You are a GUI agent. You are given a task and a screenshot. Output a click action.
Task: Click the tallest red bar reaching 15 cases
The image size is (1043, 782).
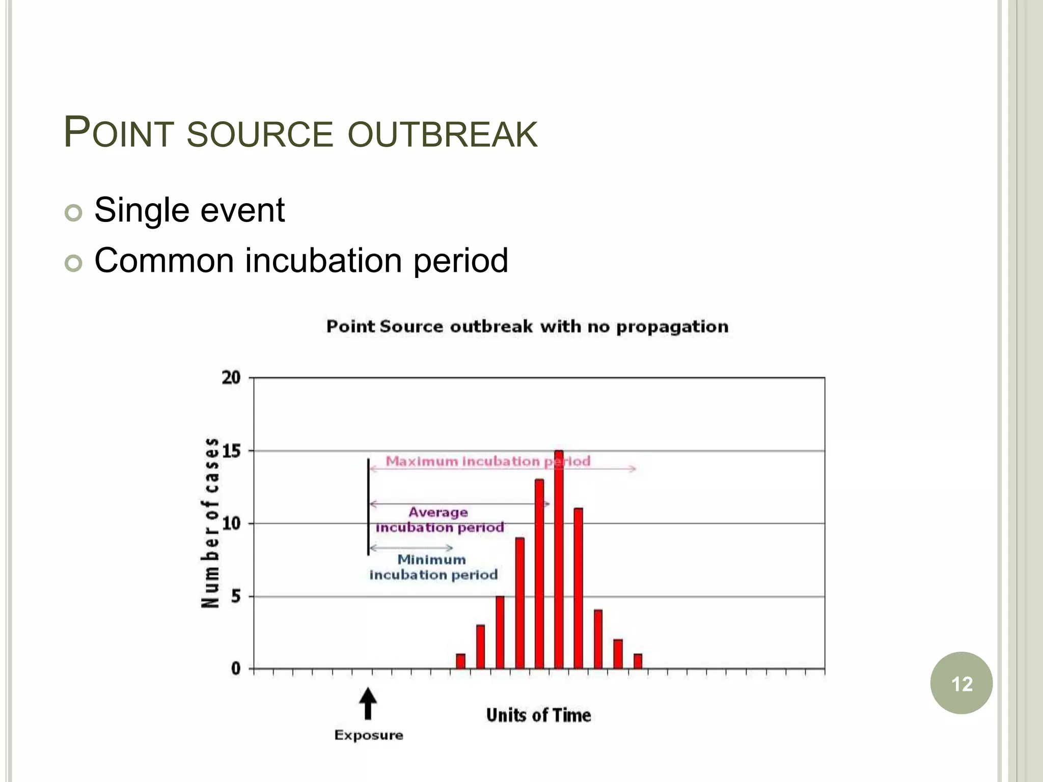click(x=559, y=560)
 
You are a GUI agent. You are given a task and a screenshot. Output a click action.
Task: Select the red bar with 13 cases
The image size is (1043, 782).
click(x=539, y=574)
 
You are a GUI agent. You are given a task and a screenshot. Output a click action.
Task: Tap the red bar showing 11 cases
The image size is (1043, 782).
click(x=579, y=588)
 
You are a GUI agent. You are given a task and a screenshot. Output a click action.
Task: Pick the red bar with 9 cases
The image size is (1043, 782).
click(x=519, y=603)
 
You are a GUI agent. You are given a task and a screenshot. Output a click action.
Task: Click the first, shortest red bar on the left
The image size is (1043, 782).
click(x=460, y=661)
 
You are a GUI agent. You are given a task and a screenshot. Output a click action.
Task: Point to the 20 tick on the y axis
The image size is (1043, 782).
click(x=231, y=378)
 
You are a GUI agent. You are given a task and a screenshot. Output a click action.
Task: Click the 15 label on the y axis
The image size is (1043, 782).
click(x=231, y=451)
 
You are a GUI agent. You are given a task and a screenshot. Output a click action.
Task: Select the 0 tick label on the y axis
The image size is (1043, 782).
click(x=236, y=668)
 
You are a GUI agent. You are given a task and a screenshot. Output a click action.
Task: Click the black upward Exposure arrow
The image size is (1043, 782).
click(x=368, y=704)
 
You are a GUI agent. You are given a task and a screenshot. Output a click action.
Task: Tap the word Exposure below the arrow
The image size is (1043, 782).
click(x=369, y=735)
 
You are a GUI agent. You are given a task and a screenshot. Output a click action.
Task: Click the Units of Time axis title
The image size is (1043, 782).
click(x=538, y=715)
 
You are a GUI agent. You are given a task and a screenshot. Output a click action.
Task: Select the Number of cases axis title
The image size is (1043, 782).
click(x=210, y=523)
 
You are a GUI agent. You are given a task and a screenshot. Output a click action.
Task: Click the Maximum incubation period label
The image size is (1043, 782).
click(x=487, y=461)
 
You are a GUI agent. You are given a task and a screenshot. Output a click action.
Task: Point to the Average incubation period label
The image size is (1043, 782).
click(x=440, y=520)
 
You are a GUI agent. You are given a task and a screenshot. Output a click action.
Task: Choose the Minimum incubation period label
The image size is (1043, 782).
click(x=433, y=567)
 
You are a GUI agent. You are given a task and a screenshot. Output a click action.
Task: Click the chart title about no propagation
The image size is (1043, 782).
click(x=527, y=326)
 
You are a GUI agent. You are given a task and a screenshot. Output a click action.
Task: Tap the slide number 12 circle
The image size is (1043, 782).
click(x=961, y=683)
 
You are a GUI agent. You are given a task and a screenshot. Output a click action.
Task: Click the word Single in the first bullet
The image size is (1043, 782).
click(x=142, y=210)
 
